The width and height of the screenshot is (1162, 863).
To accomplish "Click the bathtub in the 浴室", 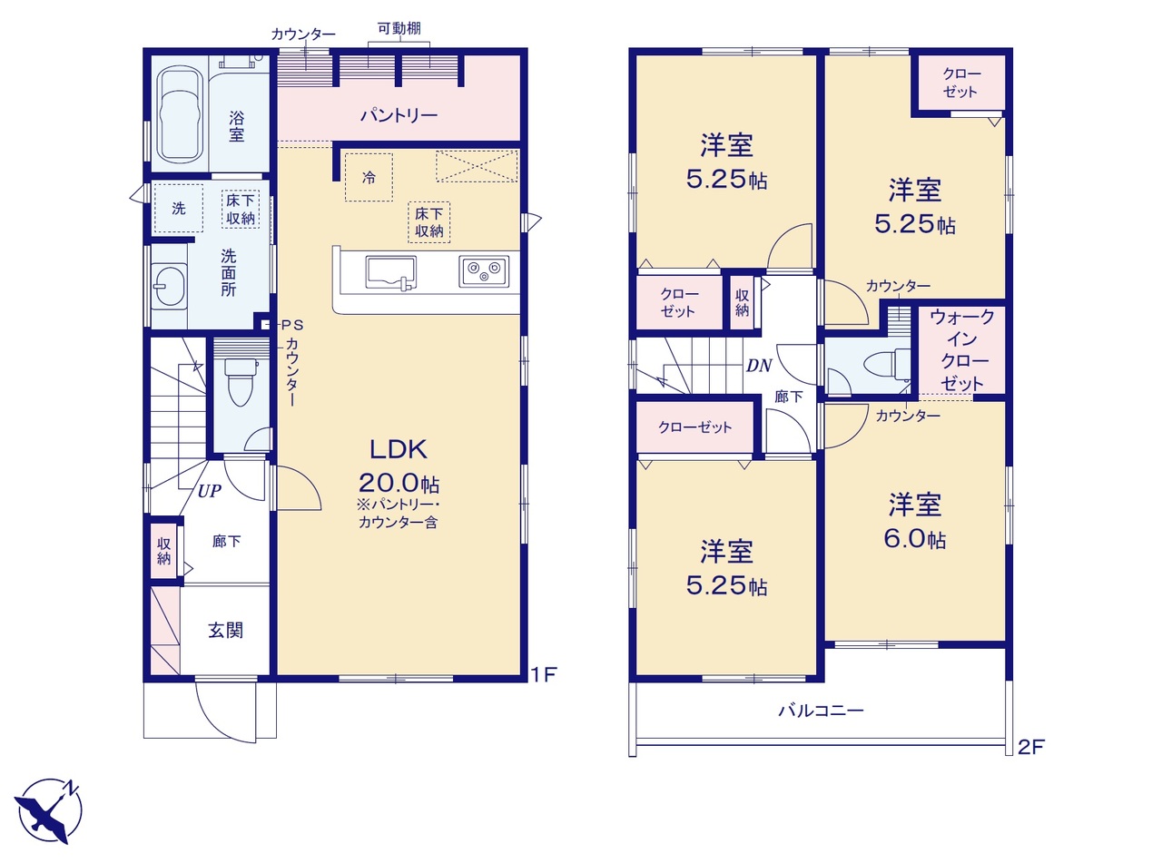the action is click(179, 114).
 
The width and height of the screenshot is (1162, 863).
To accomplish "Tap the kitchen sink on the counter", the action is click(391, 273).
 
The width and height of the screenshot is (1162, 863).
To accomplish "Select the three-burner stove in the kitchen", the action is click(484, 271).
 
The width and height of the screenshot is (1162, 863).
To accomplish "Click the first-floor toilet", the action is click(241, 381).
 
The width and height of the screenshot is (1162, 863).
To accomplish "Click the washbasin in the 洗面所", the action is click(169, 285).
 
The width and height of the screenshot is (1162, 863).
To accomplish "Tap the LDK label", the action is click(399, 449).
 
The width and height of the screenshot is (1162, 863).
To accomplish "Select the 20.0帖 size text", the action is click(399, 483).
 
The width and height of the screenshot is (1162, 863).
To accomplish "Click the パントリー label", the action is click(399, 114).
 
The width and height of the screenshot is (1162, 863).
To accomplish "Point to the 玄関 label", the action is click(225, 630).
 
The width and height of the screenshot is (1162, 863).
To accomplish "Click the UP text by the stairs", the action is click(209, 491).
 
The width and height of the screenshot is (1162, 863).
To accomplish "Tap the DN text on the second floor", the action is click(759, 365).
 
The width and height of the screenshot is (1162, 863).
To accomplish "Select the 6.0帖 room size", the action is click(915, 539).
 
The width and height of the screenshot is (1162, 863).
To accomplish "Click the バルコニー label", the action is click(821, 711).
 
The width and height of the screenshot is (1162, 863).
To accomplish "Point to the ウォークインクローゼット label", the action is click(962, 349).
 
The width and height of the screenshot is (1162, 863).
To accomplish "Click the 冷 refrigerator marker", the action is click(369, 178).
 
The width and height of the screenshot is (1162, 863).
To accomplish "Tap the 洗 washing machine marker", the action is click(179, 208).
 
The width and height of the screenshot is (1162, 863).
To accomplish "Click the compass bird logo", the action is click(47, 809).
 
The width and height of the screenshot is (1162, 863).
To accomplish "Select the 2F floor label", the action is click(1031, 747).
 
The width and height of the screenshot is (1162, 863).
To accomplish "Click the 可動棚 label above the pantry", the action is click(399, 28).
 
